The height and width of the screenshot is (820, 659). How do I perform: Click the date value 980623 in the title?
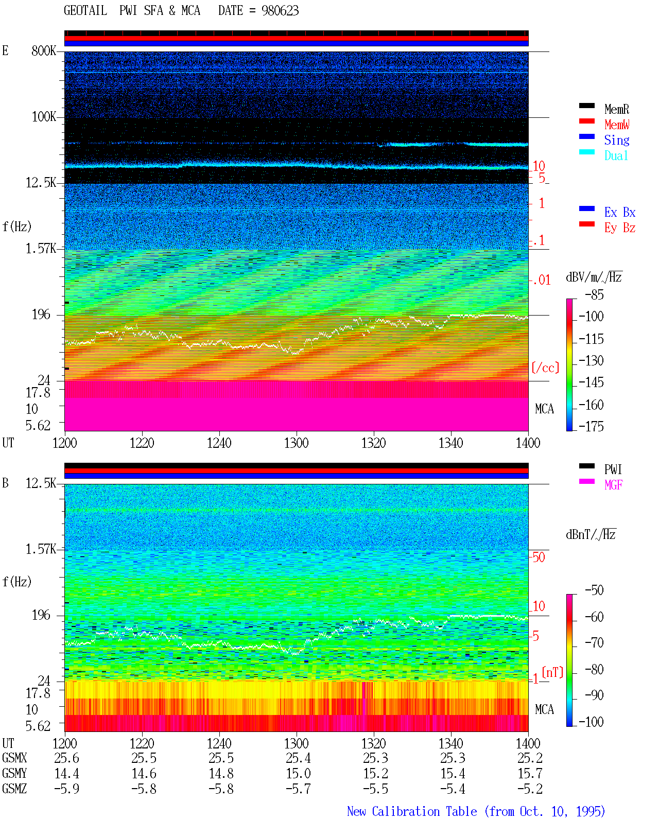click(x=280, y=11)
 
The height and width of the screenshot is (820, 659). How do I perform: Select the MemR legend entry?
click(x=617, y=109)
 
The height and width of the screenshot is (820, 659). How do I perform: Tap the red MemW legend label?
click(x=617, y=125)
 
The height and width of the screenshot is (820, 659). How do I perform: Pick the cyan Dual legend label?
click(x=616, y=155)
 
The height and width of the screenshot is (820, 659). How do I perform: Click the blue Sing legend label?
click(x=617, y=140)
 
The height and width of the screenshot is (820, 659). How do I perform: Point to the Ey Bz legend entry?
click(x=620, y=228)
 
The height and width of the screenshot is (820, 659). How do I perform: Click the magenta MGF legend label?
click(x=613, y=485)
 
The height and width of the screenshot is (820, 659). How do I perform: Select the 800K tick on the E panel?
click(x=43, y=50)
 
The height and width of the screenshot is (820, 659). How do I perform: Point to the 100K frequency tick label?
click(x=43, y=117)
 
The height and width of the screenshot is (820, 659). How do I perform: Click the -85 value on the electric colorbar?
click(x=594, y=294)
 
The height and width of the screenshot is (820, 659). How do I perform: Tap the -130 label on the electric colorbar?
click(x=591, y=360)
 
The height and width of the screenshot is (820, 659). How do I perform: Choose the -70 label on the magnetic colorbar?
click(x=594, y=643)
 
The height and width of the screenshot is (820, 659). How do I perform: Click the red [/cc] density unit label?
click(x=545, y=368)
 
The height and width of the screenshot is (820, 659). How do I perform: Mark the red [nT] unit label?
click(x=552, y=672)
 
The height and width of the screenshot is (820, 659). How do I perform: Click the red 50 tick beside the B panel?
click(x=539, y=557)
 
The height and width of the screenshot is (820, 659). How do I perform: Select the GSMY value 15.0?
click(x=299, y=774)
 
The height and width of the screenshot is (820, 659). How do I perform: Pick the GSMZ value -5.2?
click(x=530, y=789)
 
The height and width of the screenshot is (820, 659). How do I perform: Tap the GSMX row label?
click(x=14, y=758)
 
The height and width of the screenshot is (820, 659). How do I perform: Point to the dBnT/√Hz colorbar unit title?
click(x=591, y=534)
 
